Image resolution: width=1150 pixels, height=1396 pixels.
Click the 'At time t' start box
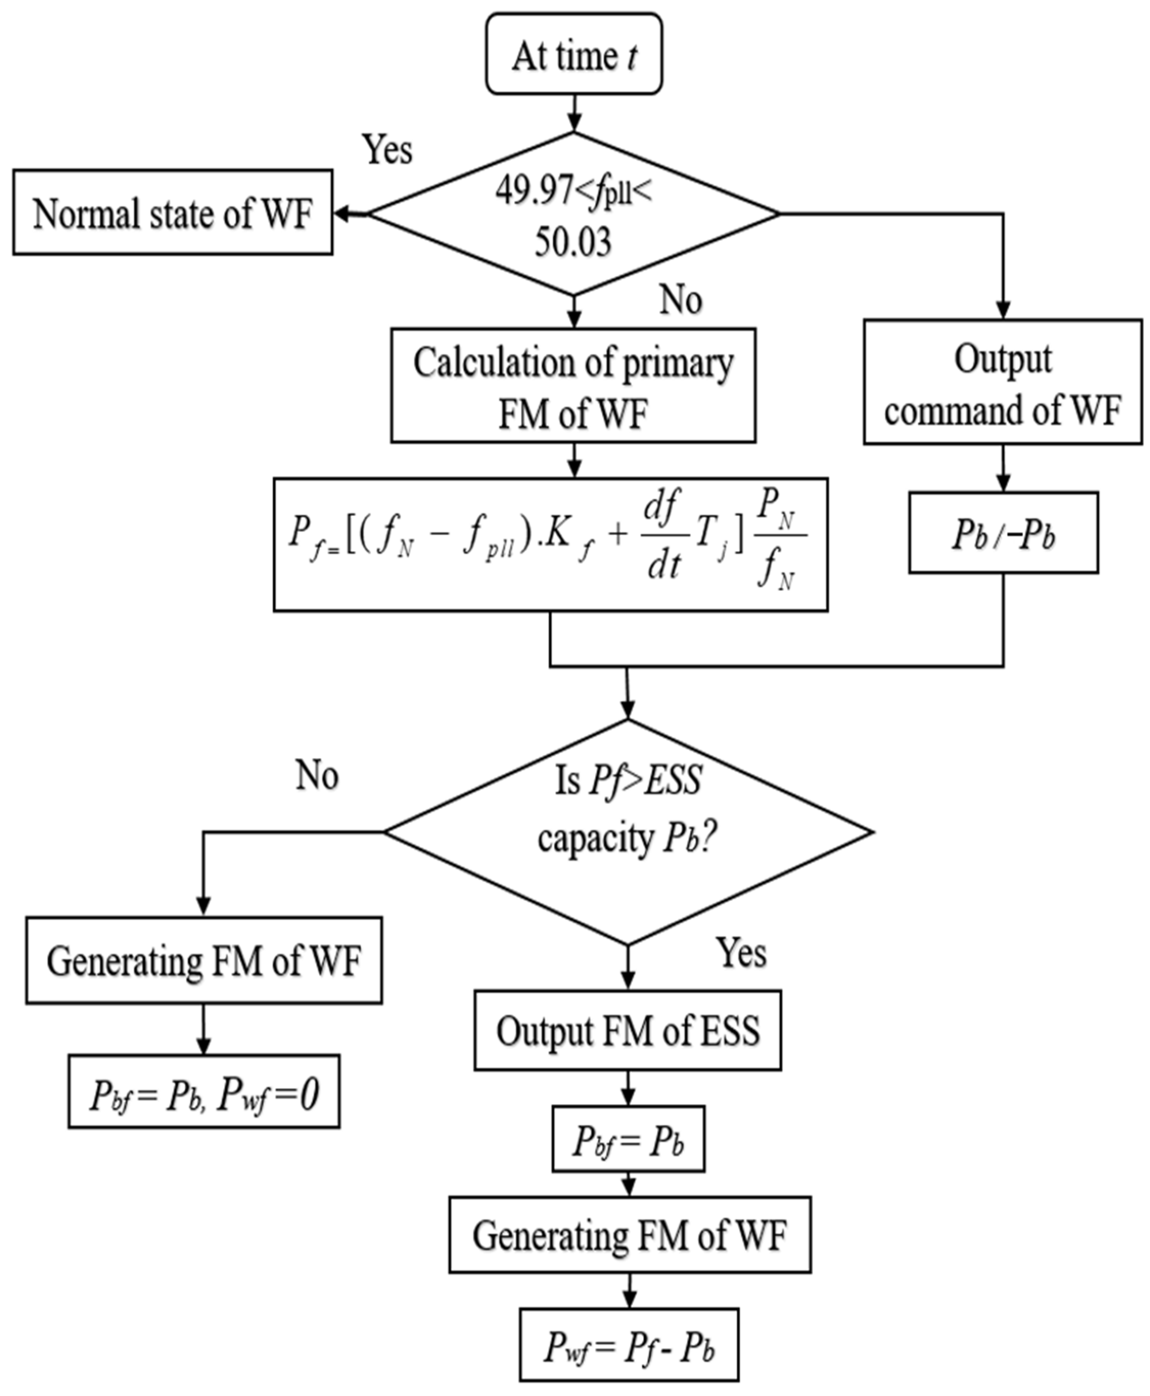pyautogui.click(x=574, y=54)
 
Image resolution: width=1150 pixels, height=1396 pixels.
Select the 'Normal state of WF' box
pyautogui.click(x=172, y=212)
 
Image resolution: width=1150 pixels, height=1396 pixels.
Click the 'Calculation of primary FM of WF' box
pyautogui.click(x=573, y=386)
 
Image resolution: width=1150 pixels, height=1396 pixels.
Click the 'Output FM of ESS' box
pyautogui.click(x=627, y=1030)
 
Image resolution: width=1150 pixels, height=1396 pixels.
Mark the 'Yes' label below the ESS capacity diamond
pyautogui.click(x=741, y=953)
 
